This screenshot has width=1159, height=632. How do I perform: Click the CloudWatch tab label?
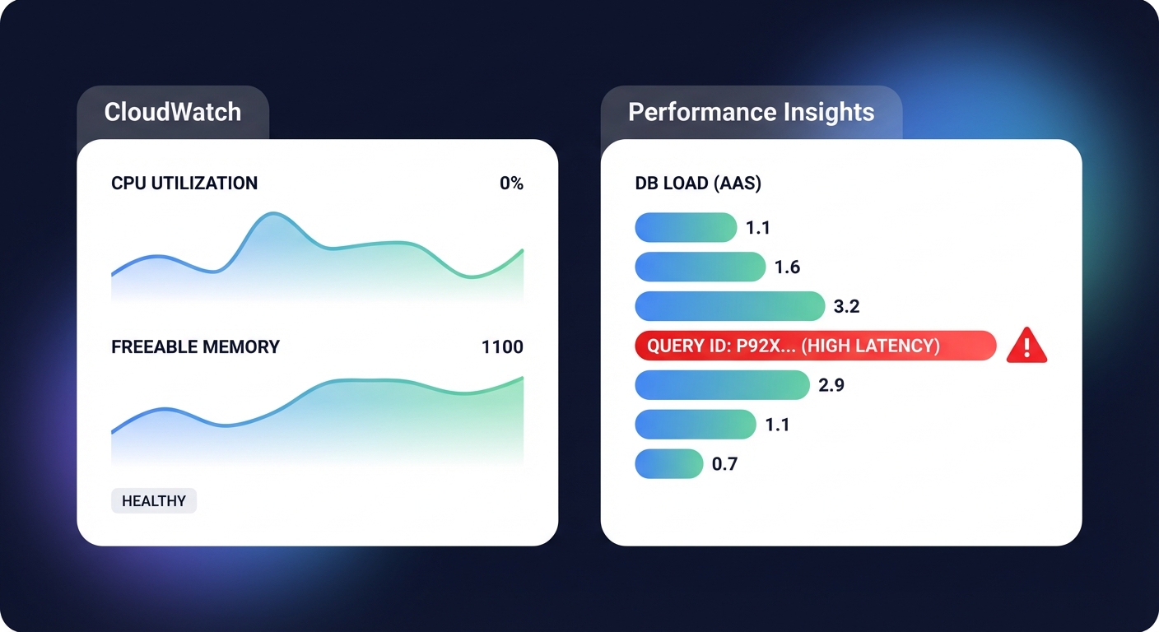point(173,112)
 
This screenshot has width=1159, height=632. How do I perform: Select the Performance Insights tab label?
point(751,112)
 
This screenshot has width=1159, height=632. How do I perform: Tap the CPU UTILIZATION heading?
point(184,184)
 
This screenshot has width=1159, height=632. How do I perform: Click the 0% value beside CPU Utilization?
point(511,184)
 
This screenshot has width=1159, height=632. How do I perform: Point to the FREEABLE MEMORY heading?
point(195,347)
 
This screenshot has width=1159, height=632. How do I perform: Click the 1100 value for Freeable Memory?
point(502,347)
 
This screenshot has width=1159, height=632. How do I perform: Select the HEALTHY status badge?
point(154,501)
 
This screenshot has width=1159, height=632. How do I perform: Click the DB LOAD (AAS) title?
point(698,184)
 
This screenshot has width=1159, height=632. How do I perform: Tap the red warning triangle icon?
point(1027,346)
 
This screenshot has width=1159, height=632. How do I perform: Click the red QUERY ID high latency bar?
point(815,346)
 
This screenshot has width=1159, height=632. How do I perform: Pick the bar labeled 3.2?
point(729,306)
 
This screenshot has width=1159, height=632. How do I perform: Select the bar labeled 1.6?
point(701,267)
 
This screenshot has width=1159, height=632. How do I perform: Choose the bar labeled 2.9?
point(722,385)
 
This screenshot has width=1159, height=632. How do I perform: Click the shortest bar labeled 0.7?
point(668,464)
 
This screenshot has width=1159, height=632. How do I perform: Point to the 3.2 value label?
point(846,307)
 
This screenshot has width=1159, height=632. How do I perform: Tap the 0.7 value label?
point(724,464)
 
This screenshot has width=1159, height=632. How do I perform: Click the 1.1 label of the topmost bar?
point(757,228)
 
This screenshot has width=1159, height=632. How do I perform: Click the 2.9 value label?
point(831,385)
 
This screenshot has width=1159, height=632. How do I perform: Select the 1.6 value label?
point(787,267)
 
